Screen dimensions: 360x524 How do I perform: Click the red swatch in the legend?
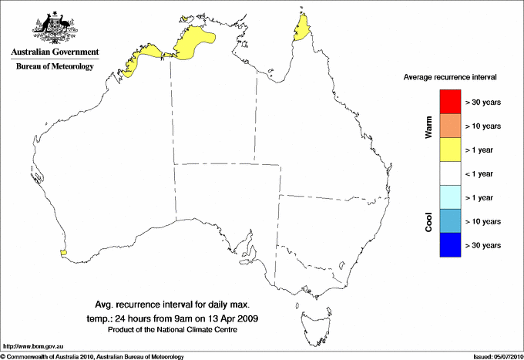(x=449, y=101)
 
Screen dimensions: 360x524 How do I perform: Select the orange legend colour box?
(x=449, y=125)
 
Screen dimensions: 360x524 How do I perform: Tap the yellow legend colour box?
(x=449, y=149)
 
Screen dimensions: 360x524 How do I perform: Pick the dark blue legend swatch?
(x=449, y=244)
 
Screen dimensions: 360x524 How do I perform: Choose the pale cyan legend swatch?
(x=449, y=197)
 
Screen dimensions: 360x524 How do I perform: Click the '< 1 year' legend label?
(x=483, y=173)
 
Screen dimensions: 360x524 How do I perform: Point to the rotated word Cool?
(x=429, y=222)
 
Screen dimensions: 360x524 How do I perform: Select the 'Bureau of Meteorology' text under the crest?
(x=55, y=66)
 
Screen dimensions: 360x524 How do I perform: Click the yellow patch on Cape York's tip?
(x=302, y=31)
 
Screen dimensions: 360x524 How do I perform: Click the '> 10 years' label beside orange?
(x=483, y=126)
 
